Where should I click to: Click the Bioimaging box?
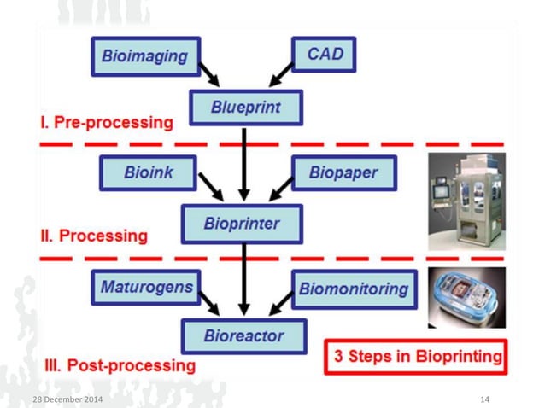pos(145,56)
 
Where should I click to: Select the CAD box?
pos(324,55)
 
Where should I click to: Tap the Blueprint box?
pos(246,108)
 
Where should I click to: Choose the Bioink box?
pos(149,173)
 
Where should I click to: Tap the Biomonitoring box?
pos(354,289)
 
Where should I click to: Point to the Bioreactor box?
pos(243,335)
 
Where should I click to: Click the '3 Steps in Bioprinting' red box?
pos(416,357)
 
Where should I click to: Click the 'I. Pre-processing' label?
pos(106,122)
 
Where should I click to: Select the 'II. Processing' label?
pos(95,235)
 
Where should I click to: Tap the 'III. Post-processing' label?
pos(120,365)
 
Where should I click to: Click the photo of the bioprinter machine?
pos(466,201)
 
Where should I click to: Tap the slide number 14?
pos(485,399)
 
